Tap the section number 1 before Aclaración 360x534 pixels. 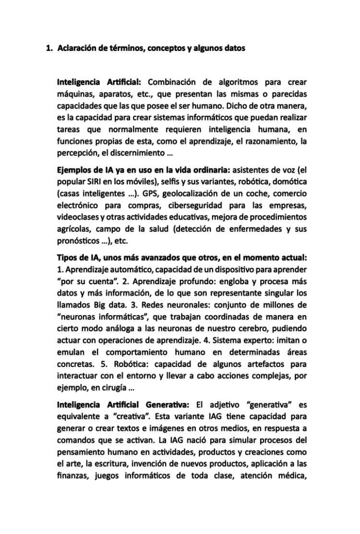(48, 48)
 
